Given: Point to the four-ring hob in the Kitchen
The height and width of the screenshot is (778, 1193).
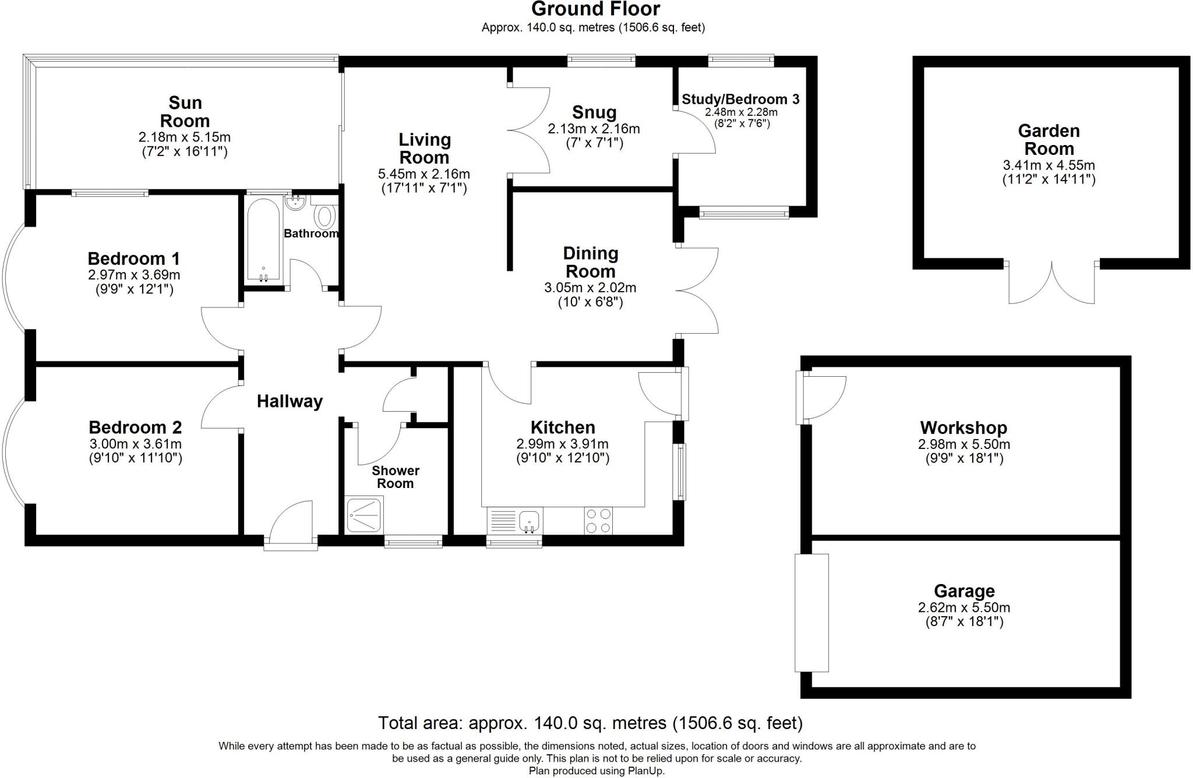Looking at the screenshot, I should click(598, 521).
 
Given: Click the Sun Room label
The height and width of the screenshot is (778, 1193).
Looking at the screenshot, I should click(185, 112).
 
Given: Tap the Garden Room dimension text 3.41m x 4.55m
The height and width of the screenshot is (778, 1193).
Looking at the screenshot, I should click(1049, 165).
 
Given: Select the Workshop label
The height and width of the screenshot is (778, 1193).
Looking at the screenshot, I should click(963, 428).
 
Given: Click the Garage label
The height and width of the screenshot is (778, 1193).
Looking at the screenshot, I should click(964, 591).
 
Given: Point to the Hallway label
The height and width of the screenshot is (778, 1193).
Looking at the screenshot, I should click(290, 401).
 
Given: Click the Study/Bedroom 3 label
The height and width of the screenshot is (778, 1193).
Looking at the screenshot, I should click(740, 100).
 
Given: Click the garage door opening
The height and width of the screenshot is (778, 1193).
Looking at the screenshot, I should click(811, 613).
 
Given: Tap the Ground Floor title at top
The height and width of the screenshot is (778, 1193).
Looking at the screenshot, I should click(595, 9).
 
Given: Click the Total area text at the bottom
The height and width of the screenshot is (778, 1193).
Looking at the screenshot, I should click(590, 723).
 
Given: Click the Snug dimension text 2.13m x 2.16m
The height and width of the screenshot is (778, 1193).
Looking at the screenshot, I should click(594, 129).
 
